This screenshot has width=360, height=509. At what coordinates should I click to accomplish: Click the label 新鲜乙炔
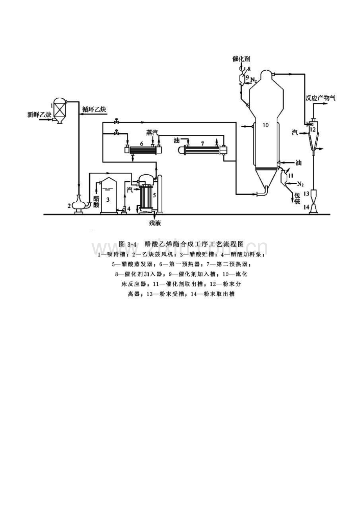tap(39, 114)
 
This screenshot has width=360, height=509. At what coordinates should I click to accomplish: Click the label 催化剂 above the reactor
tap(241, 59)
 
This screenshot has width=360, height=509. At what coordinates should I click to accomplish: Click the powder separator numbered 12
tap(312, 133)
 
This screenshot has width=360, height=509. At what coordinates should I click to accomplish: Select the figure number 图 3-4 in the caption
tap(127, 244)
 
